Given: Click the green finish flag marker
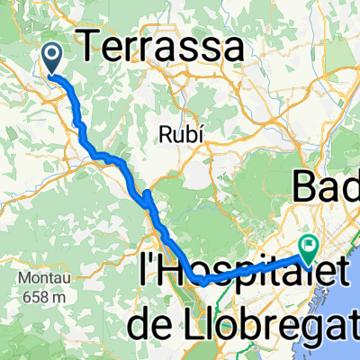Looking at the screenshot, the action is click(x=309, y=245).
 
